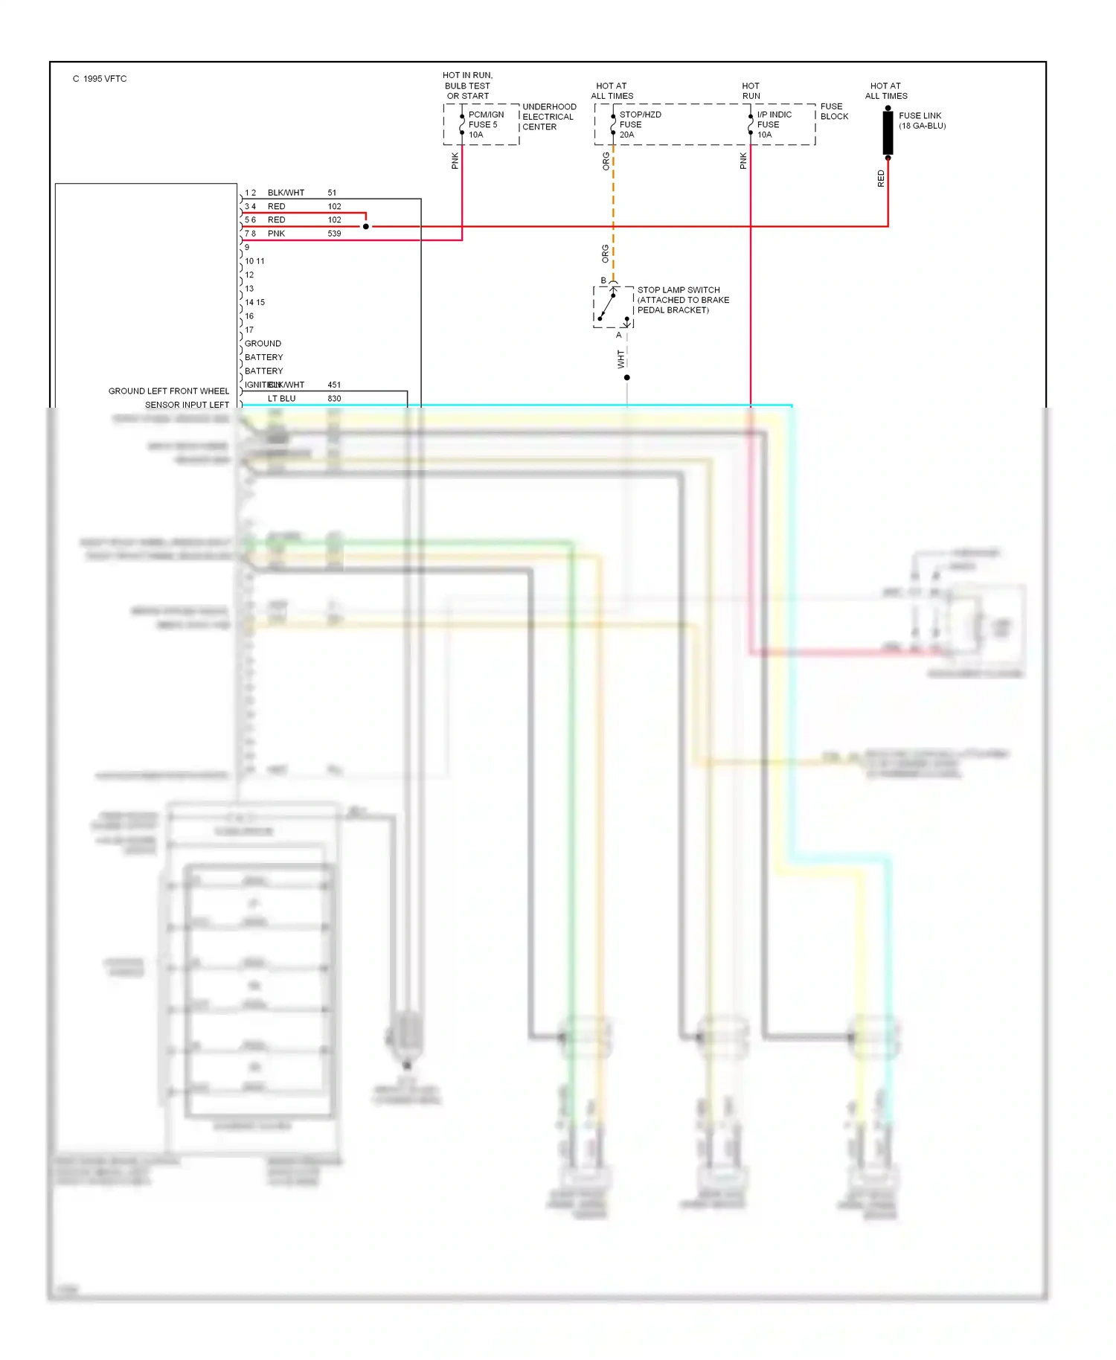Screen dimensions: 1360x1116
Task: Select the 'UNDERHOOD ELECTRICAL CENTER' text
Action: (x=548, y=117)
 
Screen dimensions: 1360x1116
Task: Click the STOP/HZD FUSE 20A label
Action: (x=639, y=124)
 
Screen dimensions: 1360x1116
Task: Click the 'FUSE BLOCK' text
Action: (x=833, y=112)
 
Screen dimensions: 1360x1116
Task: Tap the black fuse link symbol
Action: (x=888, y=133)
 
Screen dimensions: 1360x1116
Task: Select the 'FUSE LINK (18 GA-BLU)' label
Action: (x=922, y=121)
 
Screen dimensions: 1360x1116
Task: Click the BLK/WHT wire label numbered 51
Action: (x=286, y=193)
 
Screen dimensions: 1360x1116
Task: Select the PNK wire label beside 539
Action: (x=276, y=234)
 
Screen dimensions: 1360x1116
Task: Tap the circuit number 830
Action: (x=334, y=399)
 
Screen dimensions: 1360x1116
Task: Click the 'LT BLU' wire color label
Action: (x=281, y=399)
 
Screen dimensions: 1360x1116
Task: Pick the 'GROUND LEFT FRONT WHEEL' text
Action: (x=168, y=391)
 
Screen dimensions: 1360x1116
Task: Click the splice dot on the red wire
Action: (x=365, y=226)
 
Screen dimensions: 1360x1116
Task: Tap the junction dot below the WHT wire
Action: (x=626, y=378)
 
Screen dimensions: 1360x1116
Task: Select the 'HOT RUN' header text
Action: (x=751, y=91)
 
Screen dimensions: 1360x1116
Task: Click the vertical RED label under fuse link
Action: (x=881, y=179)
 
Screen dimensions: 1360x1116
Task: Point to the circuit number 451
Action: (x=334, y=385)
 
